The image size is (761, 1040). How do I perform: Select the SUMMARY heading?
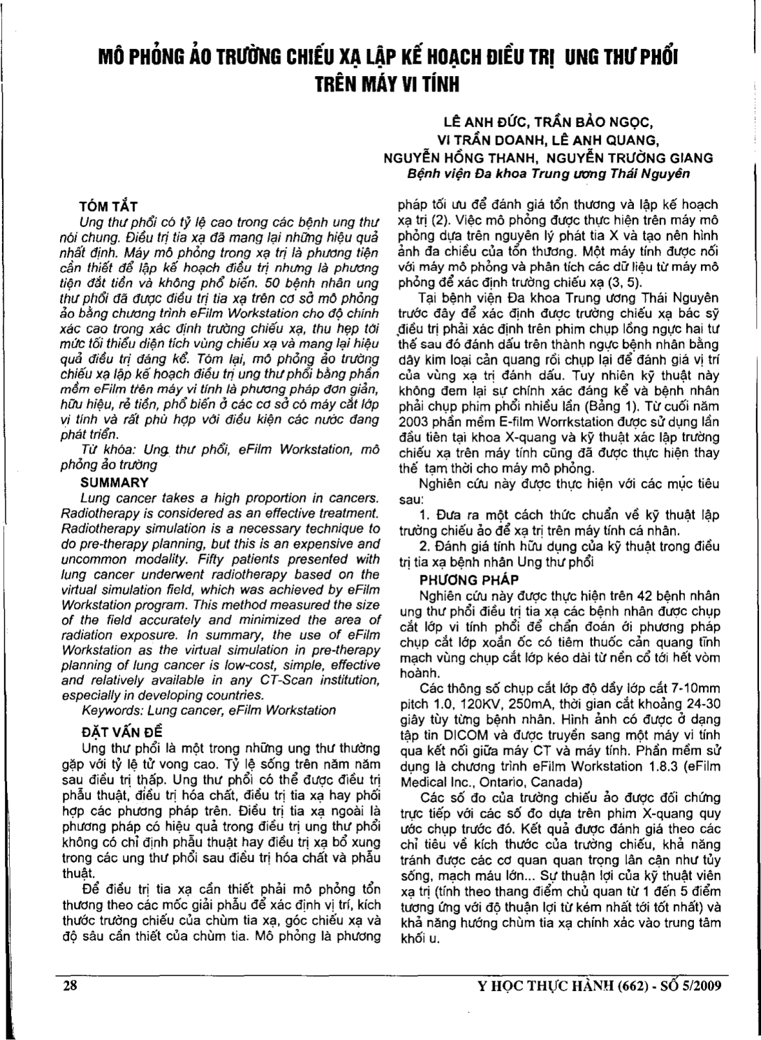[114, 482]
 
